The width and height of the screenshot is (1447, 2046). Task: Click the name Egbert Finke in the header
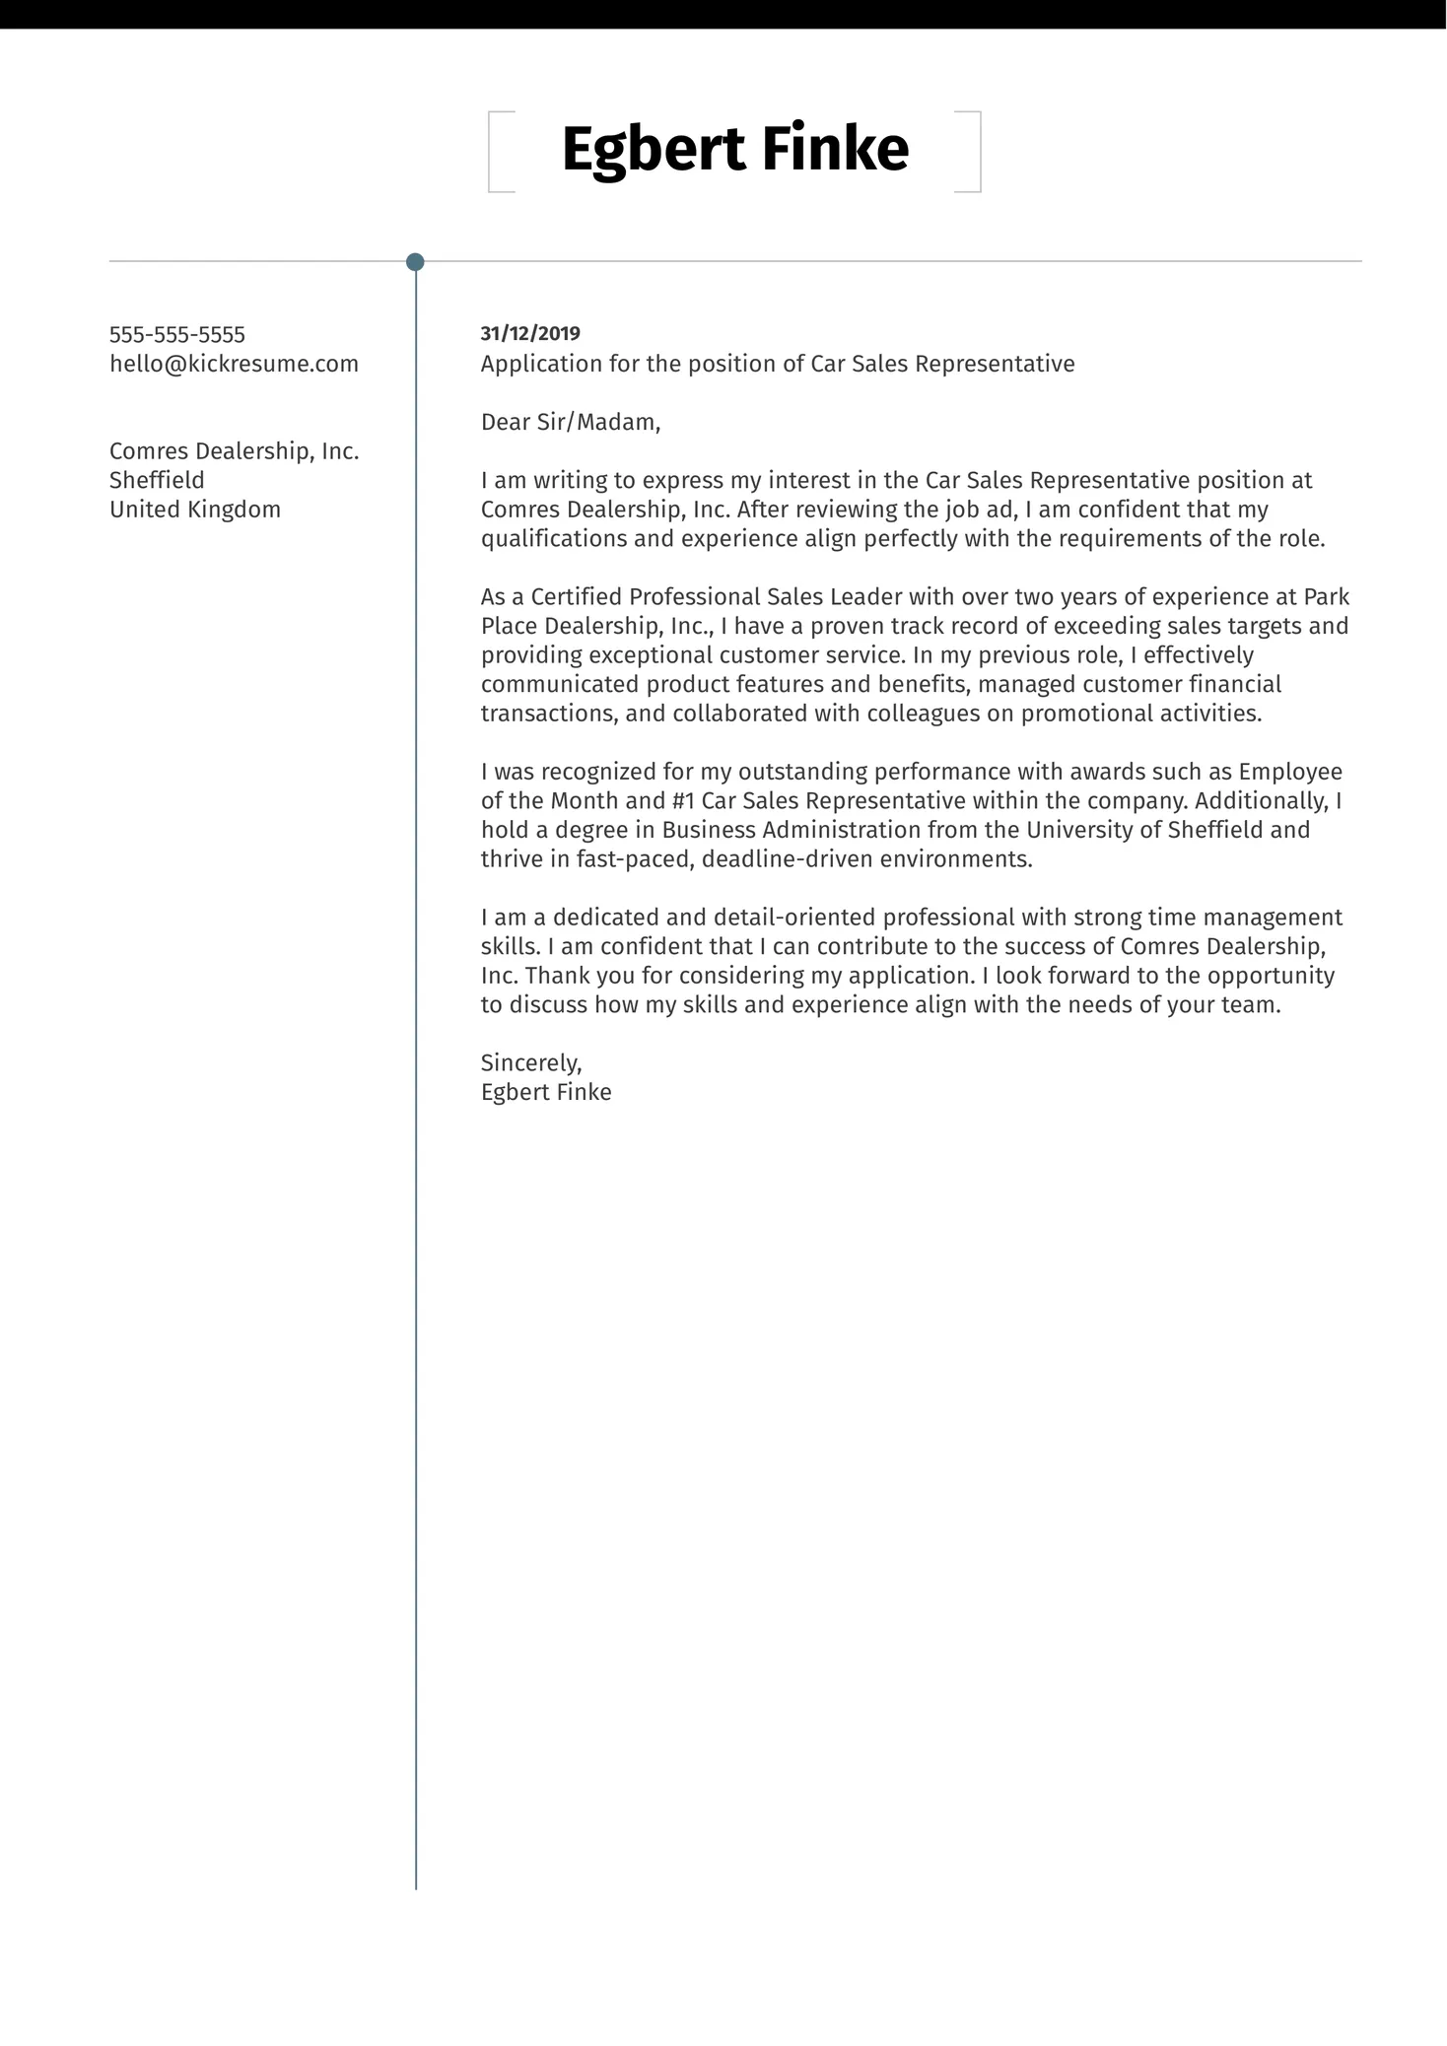[x=734, y=150]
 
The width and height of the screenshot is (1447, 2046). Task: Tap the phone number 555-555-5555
[x=177, y=334]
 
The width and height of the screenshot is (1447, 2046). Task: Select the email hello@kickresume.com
[x=234, y=364]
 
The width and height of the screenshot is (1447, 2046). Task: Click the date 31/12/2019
[x=530, y=333]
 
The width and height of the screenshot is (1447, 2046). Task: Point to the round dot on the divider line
[x=415, y=262]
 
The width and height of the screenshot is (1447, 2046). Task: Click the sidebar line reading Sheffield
[x=157, y=480]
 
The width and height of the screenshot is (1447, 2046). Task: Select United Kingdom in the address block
[x=195, y=510]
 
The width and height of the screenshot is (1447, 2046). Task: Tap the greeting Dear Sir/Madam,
[x=570, y=422]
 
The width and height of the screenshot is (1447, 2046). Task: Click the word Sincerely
[x=530, y=1062]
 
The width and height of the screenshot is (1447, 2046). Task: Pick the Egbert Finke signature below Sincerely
[x=546, y=1092]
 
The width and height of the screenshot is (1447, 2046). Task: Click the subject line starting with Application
[x=777, y=364]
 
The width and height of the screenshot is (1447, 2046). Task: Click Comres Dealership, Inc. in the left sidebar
[x=234, y=451]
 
